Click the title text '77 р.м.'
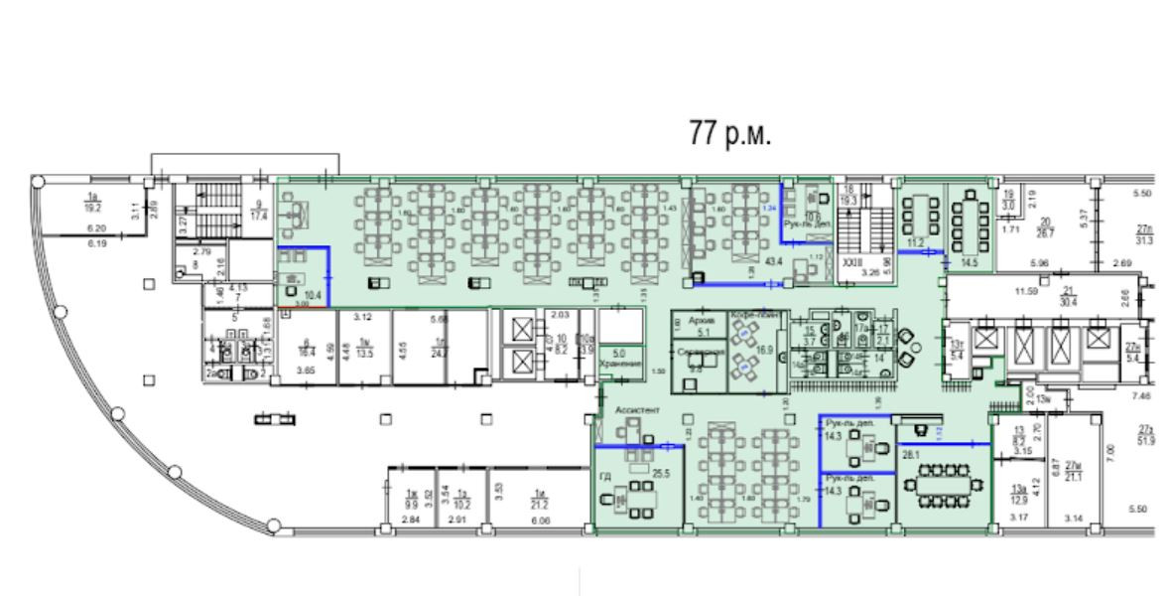729,135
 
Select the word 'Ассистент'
638,409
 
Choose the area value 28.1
909,455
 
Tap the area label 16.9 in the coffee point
765,350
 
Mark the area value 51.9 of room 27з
1147,440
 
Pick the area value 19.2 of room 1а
93,209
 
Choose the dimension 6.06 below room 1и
542,520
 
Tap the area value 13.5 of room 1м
363,352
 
